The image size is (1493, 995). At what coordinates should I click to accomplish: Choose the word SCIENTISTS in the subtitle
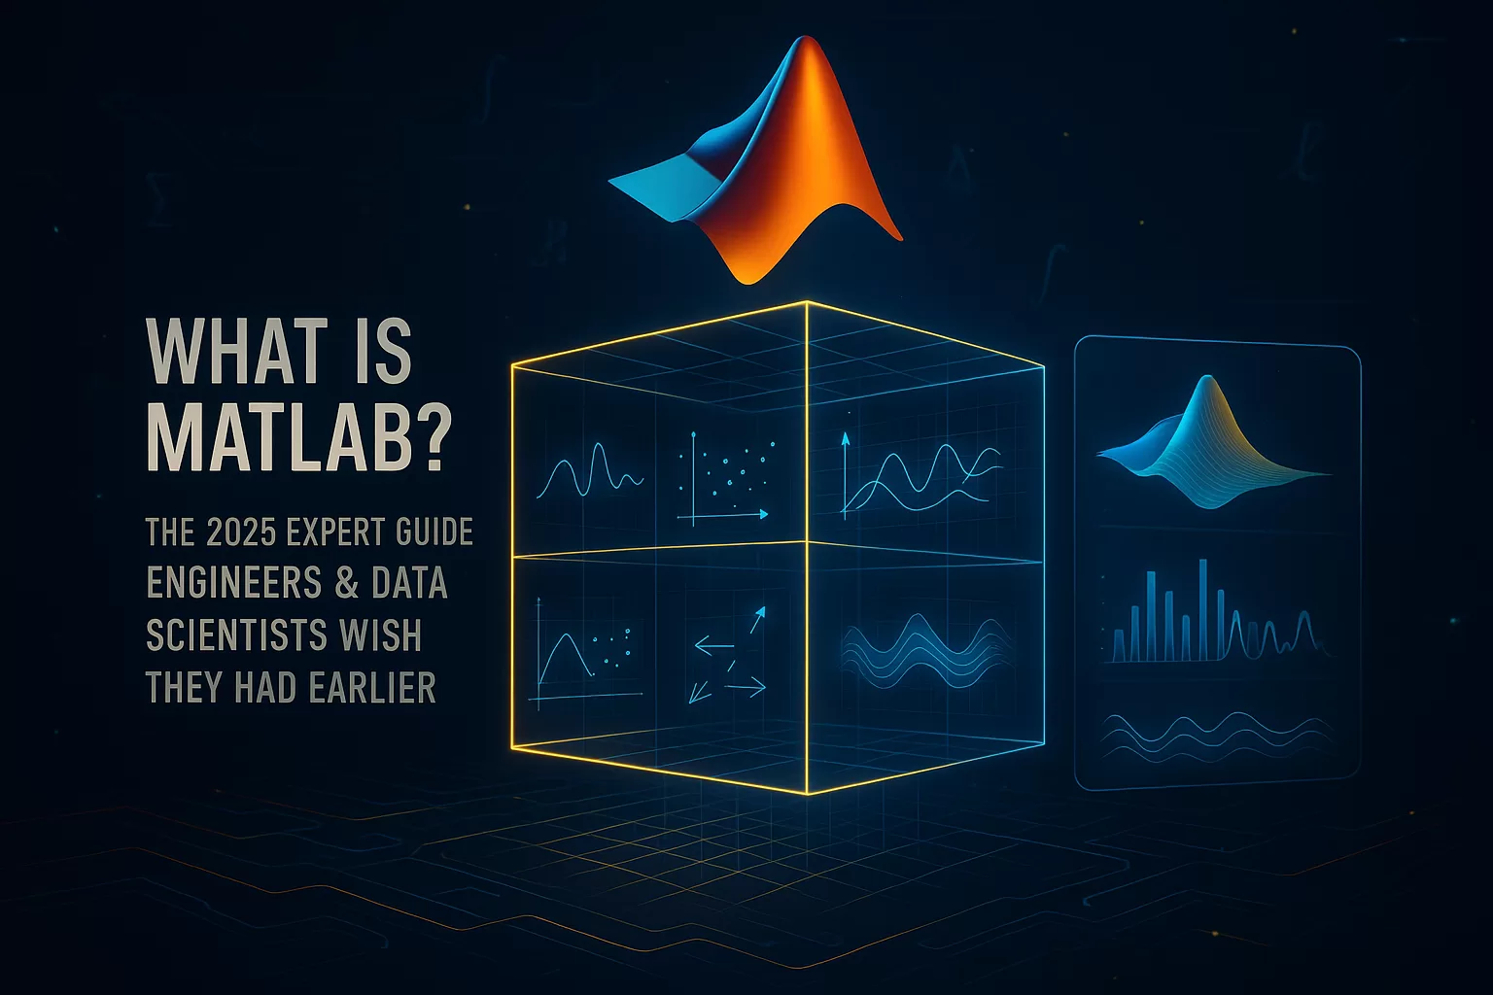[x=236, y=635]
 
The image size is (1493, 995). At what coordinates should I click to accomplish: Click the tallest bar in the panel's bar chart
[x=1203, y=609]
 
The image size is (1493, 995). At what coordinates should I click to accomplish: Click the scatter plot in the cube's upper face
[x=724, y=477]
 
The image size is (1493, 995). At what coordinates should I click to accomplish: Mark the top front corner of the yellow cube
[x=807, y=302]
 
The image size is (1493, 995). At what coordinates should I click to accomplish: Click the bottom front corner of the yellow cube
[x=807, y=794]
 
